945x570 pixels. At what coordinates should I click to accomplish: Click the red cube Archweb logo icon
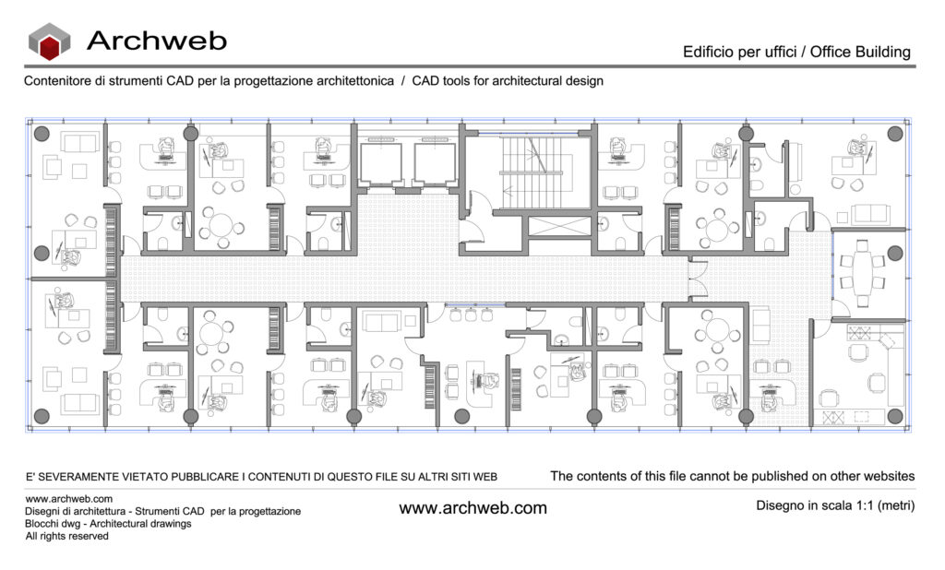(x=49, y=42)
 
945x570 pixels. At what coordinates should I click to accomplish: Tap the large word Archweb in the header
(x=156, y=41)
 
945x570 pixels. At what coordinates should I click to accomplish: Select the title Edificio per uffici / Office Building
(x=796, y=52)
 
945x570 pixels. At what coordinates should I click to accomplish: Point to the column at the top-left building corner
(x=42, y=134)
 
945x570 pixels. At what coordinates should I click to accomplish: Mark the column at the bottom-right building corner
(x=894, y=417)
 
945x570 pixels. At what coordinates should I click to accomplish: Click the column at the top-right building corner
(x=894, y=134)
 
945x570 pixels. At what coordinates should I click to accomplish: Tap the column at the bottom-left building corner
(x=42, y=417)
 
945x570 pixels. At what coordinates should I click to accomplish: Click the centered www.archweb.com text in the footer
(x=472, y=508)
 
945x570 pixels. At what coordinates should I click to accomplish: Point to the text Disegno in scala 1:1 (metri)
(x=835, y=505)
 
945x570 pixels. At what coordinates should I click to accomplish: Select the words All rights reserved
(x=66, y=536)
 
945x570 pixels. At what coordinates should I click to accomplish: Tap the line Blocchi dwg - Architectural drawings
(x=108, y=524)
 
